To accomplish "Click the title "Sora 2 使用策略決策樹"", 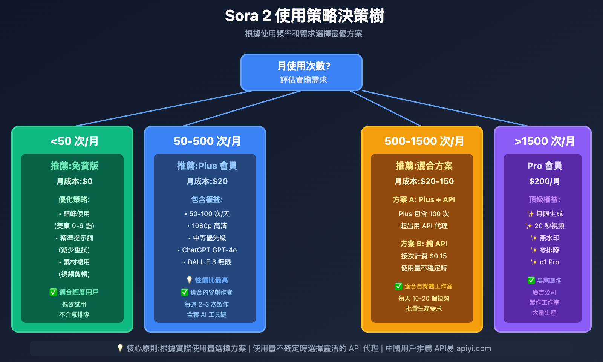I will click(305, 16).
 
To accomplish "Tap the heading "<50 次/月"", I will click(74, 141).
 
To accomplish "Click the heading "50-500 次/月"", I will click(207, 141).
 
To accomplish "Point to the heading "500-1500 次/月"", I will click(424, 141).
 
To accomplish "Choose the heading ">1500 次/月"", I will click(545, 141).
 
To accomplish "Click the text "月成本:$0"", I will click(74, 181).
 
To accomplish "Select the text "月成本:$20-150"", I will click(424, 181).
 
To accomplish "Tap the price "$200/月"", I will click(545, 181).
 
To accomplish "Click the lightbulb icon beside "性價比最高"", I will click(189, 280).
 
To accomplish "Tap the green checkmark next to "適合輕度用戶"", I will click(53, 292).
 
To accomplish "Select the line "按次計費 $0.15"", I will click(424, 256).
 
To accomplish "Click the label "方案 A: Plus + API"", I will click(424, 200).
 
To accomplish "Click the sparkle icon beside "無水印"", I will click(533, 238).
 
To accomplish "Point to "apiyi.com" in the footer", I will click(474, 348).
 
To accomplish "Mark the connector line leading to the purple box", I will click(445, 108).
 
